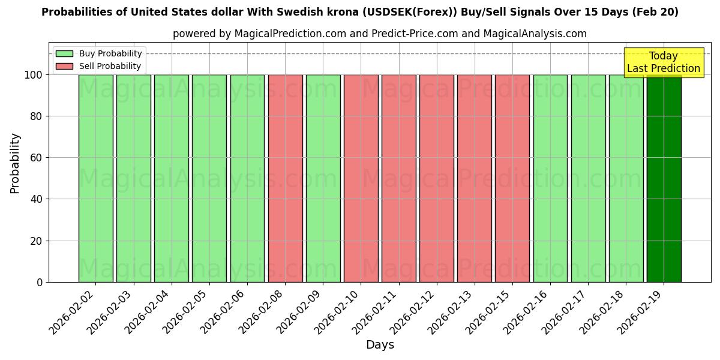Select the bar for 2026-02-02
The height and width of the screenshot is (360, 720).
click(x=95, y=178)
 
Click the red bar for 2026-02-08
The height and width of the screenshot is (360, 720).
click(x=285, y=178)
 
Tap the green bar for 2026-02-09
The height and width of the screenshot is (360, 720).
click(x=323, y=178)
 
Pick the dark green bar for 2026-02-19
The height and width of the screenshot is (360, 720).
click(x=664, y=178)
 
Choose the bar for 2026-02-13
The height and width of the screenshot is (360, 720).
click(x=475, y=178)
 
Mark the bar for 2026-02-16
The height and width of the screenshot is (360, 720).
click(x=550, y=178)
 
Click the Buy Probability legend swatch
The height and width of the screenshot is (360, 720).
click(x=64, y=53)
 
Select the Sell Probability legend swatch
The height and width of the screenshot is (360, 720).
click(x=64, y=66)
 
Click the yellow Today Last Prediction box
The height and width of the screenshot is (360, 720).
click(x=663, y=62)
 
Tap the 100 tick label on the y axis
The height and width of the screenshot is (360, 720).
click(x=33, y=75)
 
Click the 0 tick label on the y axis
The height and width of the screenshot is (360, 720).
click(x=40, y=282)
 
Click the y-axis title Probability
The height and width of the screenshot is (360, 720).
click(x=15, y=163)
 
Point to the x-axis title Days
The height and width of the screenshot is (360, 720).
click(x=380, y=345)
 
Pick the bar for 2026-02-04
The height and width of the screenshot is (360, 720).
click(x=172, y=178)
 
